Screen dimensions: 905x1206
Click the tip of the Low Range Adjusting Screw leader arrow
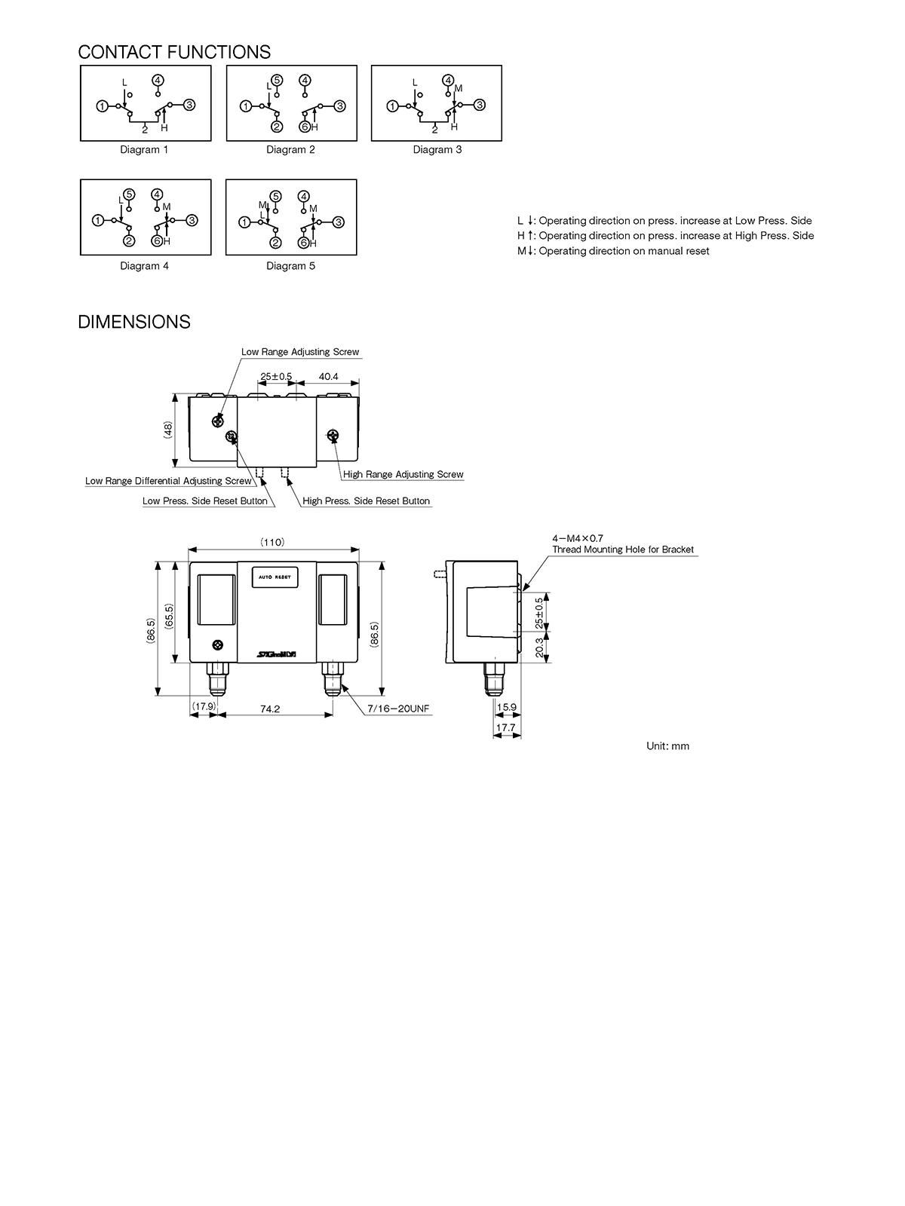point(219,421)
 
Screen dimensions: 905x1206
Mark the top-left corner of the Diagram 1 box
point(81,66)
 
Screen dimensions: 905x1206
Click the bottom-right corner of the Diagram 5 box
point(357,255)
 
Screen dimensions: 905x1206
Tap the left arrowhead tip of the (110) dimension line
point(189,549)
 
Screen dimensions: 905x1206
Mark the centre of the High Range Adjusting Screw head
point(333,436)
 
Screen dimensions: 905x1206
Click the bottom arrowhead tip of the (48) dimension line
point(175,467)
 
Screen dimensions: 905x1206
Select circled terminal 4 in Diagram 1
point(158,80)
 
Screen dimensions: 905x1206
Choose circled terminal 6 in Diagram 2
point(305,127)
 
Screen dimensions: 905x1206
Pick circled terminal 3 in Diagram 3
point(480,105)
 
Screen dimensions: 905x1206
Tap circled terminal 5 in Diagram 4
point(129,194)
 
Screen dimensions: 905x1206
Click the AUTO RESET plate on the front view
point(275,577)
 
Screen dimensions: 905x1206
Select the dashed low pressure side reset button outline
point(260,472)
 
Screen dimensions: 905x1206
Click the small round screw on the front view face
point(218,644)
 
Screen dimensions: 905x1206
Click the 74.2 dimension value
point(270,709)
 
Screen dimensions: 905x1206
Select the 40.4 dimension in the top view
point(329,376)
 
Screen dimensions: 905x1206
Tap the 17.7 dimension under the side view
point(506,727)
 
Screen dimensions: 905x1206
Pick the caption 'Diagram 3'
point(437,149)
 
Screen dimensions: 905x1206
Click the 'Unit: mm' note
point(667,746)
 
